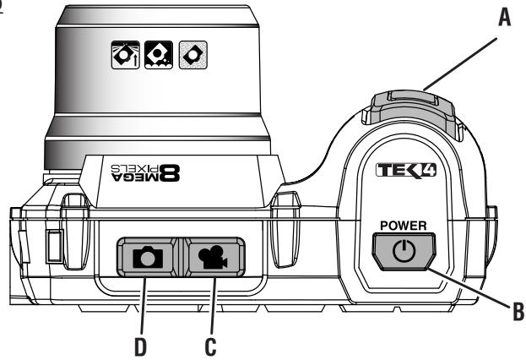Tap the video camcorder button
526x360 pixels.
click(213, 256)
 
